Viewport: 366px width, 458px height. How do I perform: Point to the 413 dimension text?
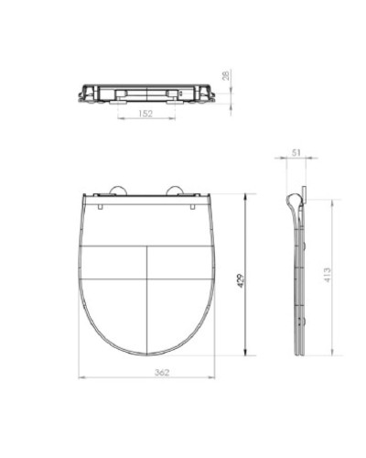tap(326, 274)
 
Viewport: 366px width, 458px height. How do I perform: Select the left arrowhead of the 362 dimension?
tap(80, 377)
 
